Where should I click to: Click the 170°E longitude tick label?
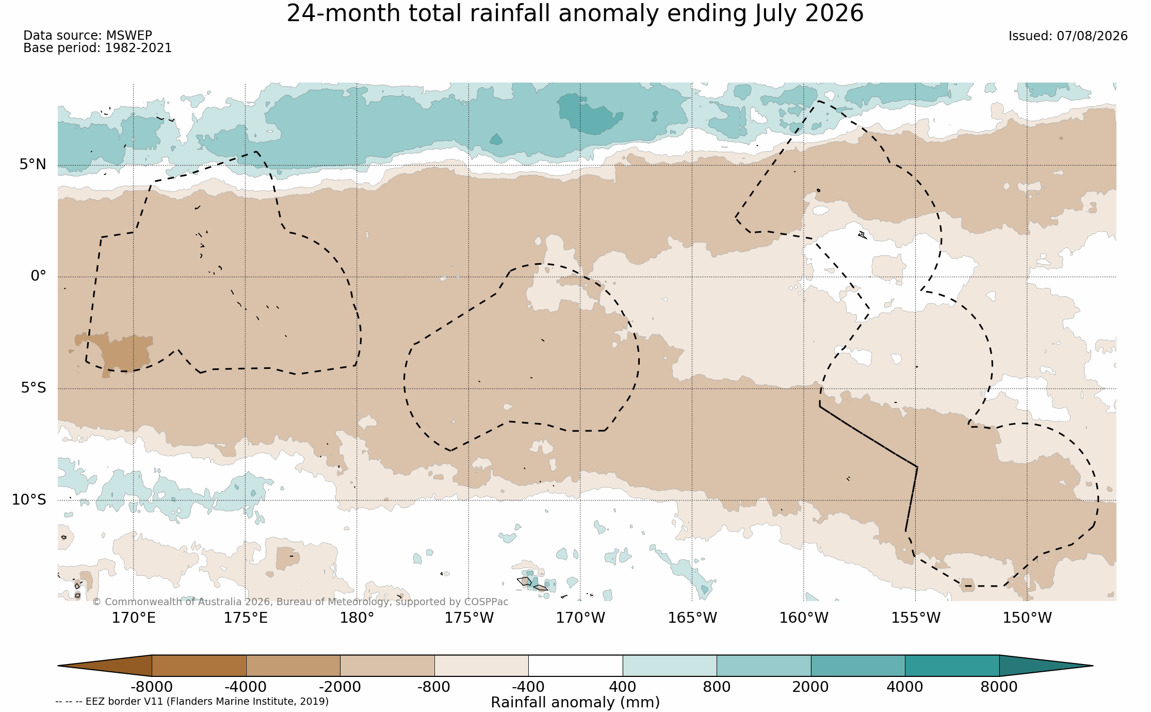point(134,618)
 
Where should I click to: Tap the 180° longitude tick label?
point(356,618)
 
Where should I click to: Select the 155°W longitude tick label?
point(916,618)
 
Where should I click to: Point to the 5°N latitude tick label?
point(33,165)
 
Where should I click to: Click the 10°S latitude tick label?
point(29,499)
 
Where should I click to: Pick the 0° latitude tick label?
point(39,276)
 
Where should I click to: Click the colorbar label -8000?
point(151,687)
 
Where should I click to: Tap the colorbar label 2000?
point(810,687)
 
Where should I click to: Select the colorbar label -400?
point(528,687)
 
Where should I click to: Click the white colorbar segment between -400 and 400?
point(575,666)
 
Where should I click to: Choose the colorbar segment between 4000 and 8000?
point(952,666)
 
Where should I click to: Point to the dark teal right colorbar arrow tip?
point(1093,666)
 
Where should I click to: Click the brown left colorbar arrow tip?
point(58,666)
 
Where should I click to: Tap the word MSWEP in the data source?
point(129,36)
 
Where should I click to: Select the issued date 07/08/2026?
point(1092,36)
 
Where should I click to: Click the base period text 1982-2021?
point(138,48)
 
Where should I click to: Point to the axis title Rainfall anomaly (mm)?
point(575,703)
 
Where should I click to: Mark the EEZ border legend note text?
point(192,701)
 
